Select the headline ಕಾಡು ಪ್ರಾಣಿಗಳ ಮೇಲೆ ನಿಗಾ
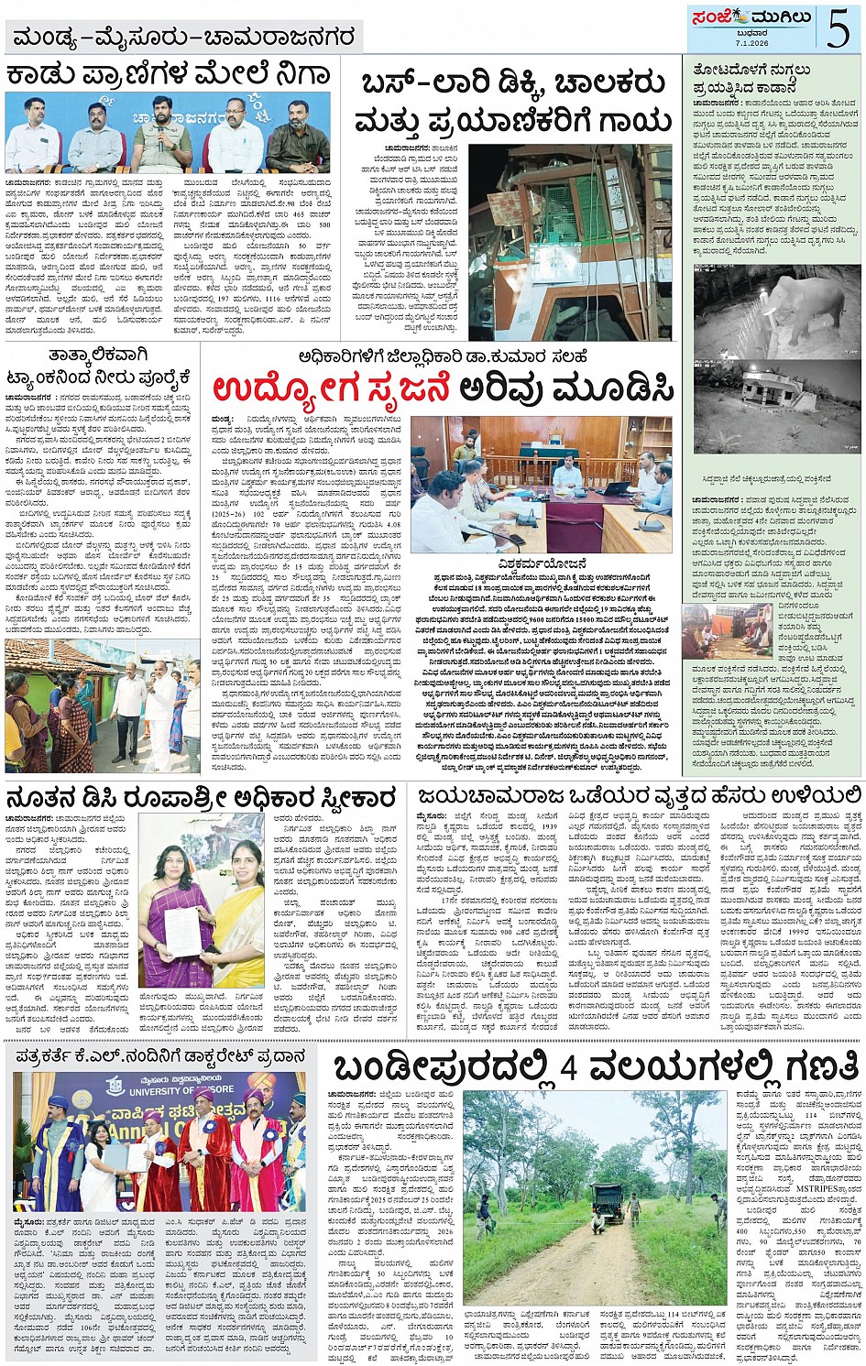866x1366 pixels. tap(168, 75)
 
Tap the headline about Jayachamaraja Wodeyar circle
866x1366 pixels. tap(639, 795)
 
